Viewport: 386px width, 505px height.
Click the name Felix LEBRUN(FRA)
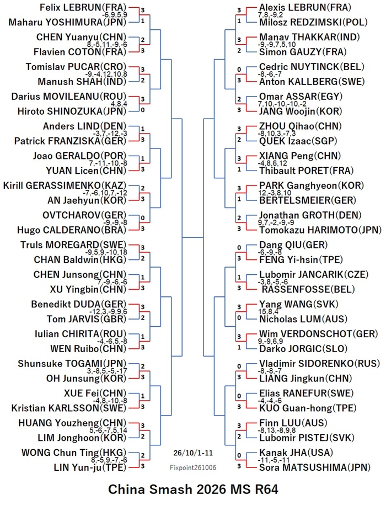pos(83,7)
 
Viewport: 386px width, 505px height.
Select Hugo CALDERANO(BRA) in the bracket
pos(72,230)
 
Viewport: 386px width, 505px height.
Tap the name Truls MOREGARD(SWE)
pos(74,244)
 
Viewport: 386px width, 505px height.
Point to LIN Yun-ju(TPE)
pos(90,467)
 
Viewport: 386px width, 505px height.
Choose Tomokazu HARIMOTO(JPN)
pos(320,230)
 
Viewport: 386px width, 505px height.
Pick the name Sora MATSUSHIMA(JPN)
pos(315,467)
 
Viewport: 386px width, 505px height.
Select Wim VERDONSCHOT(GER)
pos(319,334)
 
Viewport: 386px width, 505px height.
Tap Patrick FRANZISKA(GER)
pos(71,141)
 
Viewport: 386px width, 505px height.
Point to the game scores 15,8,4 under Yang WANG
pos(268,312)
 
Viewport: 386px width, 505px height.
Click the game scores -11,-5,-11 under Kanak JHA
pos(274,460)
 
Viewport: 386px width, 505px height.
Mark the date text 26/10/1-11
pos(193,453)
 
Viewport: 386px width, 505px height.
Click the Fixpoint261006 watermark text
pos(193,467)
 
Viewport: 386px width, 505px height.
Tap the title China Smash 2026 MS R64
pos(193,490)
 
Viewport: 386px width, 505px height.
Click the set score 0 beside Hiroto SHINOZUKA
pos(142,110)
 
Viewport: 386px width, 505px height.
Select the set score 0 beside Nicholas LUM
pos(239,318)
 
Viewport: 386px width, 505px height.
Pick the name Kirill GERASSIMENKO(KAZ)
pos(65,185)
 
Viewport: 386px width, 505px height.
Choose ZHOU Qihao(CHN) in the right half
pos(301,126)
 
